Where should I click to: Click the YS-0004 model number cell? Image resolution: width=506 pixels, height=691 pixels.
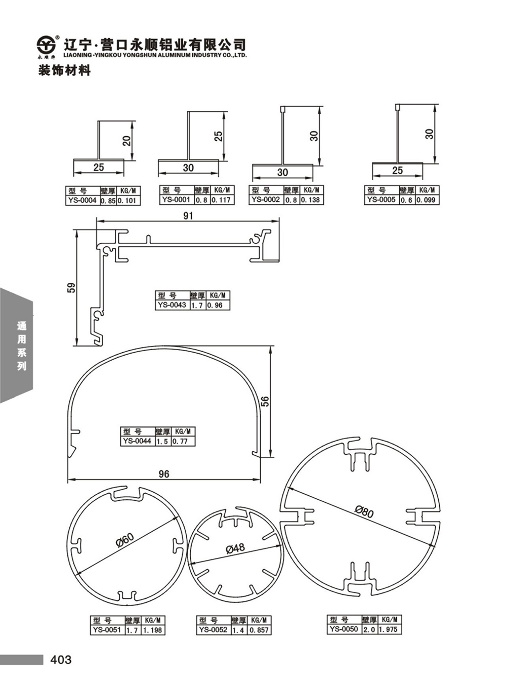coord(82,200)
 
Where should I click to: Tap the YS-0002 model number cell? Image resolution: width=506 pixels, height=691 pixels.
coord(266,200)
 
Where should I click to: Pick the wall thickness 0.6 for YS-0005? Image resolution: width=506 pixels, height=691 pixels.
coord(407,200)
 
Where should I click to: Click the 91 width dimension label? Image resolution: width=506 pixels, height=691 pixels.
coord(188,215)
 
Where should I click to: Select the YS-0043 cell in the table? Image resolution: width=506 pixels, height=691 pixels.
coord(172,305)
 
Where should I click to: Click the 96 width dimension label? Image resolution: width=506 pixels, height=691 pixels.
coord(164,473)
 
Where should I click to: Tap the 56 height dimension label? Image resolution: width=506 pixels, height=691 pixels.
coord(265,401)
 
